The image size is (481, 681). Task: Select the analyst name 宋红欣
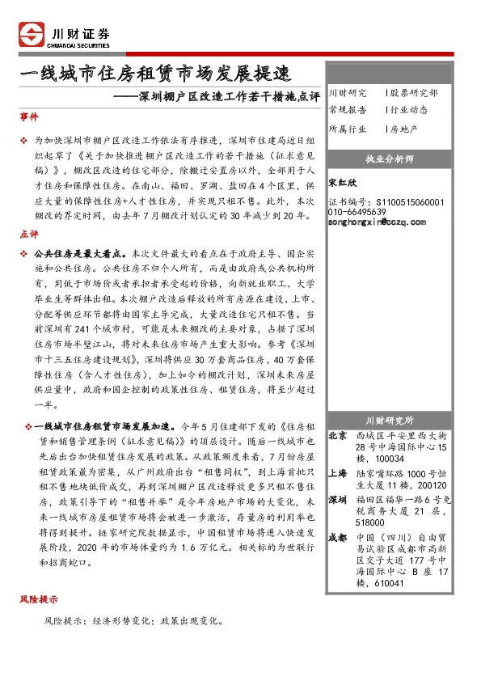[344, 183]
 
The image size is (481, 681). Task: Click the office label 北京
[338, 435]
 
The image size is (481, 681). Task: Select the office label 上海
[338, 473]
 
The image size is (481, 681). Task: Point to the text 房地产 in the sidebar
[404, 129]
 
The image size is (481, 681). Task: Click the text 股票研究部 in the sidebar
[414, 94]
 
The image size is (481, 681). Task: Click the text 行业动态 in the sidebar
[409, 110]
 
